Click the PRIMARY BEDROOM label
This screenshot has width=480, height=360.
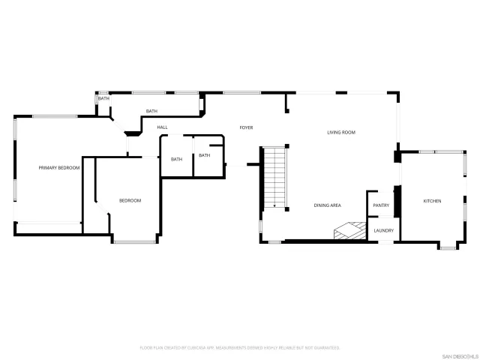coord(59,168)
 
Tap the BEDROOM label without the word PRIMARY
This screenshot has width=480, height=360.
coord(130,200)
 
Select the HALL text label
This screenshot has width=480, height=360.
coord(162,127)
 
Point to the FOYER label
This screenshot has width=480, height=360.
coord(246,127)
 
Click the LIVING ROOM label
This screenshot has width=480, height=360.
coord(340,133)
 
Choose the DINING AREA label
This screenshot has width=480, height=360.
coord(328,205)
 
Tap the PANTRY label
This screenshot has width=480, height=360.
coord(381,205)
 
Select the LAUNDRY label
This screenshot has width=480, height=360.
coord(384,230)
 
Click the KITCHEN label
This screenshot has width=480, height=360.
coord(432,201)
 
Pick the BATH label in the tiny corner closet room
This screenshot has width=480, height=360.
coord(103,98)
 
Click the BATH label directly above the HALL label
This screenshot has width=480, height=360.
coord(151,112)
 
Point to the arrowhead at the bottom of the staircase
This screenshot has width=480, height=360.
coord(275,205)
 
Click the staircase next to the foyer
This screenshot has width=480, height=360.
coord(275,176)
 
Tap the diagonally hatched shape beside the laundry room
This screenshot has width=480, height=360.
coord(349,232)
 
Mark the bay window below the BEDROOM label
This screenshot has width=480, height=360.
coord(134,241)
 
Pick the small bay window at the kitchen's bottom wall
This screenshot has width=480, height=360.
coord(447,246)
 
